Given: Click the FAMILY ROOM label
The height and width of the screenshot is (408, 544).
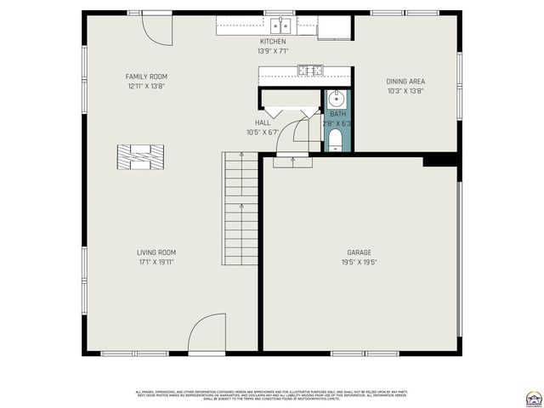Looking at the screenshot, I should coord(147,76).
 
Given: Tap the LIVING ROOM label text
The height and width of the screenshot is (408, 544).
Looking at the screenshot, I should coord(156,252).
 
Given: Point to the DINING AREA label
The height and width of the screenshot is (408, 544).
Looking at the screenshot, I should coord(405,82).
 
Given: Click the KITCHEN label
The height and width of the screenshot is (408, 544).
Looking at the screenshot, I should coord(273,42).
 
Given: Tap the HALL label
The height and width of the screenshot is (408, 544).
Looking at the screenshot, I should coord(263,122).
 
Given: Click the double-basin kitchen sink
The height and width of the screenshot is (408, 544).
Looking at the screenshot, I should coord(281,25).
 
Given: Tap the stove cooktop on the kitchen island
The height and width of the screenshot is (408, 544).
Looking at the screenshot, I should coord(311,71).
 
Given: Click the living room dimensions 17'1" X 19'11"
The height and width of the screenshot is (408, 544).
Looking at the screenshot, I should coord(156,262).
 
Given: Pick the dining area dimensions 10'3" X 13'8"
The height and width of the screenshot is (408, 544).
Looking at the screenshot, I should coord(405,91).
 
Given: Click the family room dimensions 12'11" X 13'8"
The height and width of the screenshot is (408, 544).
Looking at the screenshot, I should coord(147,86).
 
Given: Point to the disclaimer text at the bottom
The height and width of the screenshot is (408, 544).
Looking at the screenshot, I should coord(272,395).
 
